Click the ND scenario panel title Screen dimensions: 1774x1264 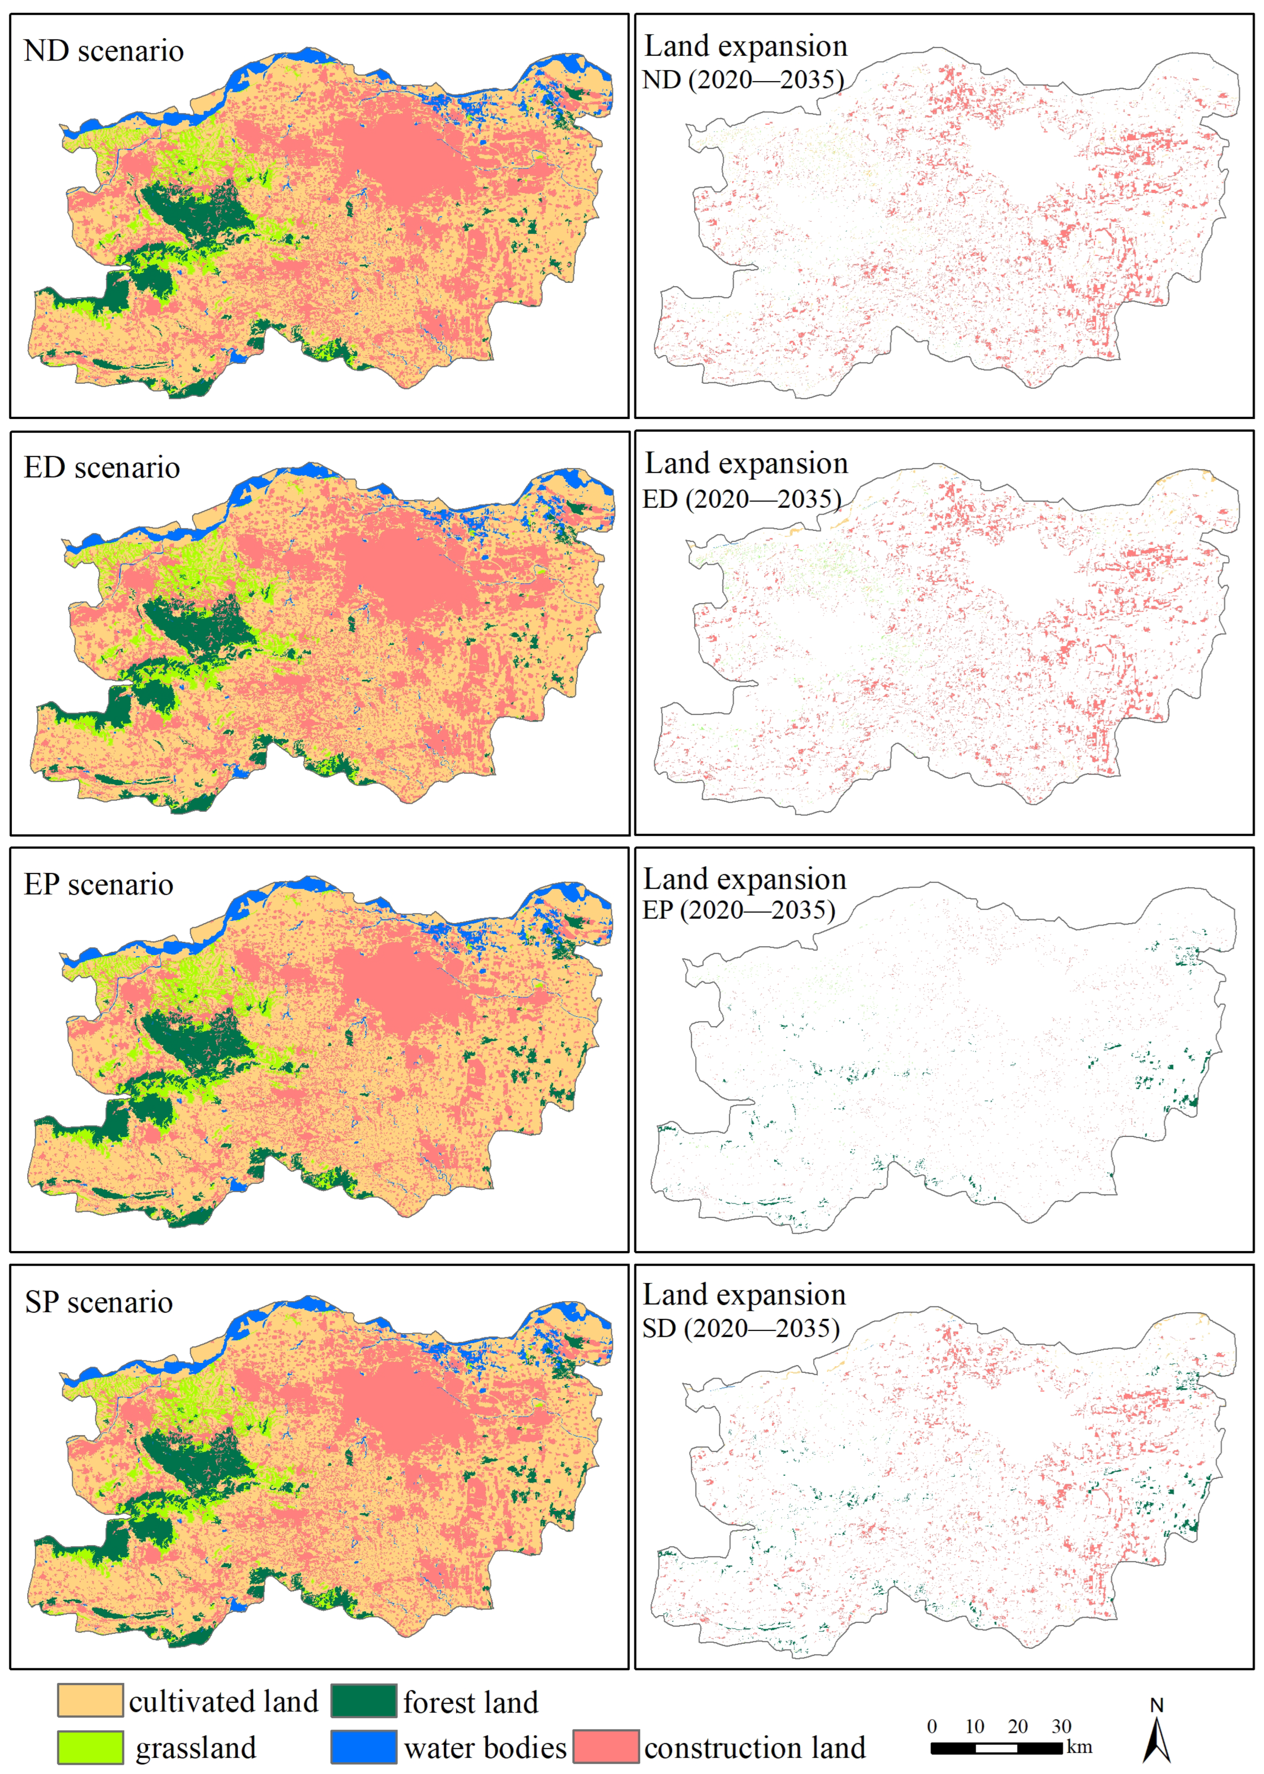tap(103, 51)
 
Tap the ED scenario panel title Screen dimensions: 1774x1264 tap(102, 468)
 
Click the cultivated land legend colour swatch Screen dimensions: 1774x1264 tap(90, 1699)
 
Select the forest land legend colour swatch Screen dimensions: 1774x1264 tap(364, 1699)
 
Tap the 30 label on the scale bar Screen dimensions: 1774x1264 tap(1062, 1726)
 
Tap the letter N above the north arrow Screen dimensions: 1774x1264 tap(1156, 1705)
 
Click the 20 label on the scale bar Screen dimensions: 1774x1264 tap(1018, 1726)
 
